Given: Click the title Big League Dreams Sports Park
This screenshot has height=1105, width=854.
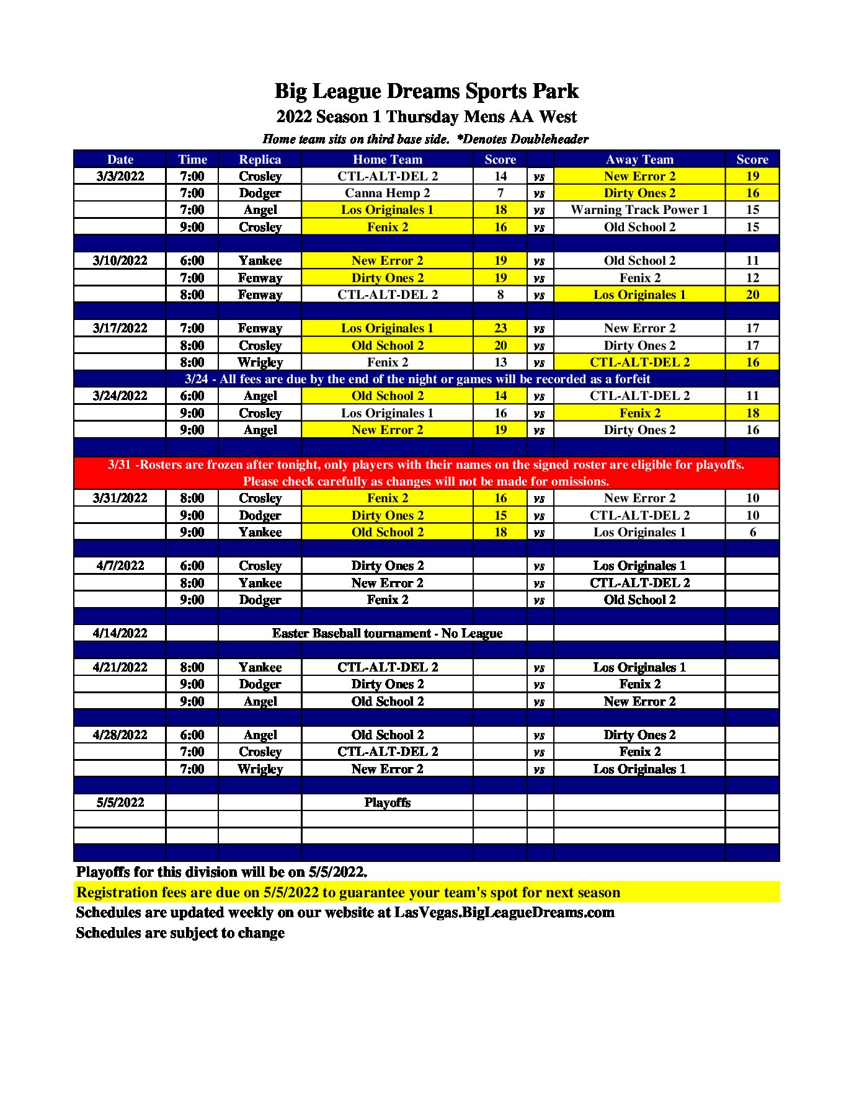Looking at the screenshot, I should [x=426, y=91].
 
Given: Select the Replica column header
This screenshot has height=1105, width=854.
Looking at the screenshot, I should [x=260, y=159].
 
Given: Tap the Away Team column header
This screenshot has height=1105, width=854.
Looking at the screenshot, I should [x=639, y=159].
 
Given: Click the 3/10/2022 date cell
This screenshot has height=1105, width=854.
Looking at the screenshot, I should [x=120, y=260].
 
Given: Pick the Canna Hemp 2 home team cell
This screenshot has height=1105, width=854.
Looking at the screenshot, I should [x=387, y=193].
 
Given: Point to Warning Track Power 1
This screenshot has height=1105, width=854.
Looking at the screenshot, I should [x=639, y=210].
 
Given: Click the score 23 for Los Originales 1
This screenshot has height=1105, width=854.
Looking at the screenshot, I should [x=500, y=328].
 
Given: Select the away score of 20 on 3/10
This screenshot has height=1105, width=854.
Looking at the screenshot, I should [x=752, y=295].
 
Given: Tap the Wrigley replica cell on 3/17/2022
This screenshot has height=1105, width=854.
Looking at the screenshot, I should [x=260, y=362].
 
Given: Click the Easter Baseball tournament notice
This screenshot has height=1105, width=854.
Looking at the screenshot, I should [x=387, y=633].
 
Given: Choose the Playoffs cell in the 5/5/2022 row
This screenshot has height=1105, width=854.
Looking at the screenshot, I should [x=387, y=802].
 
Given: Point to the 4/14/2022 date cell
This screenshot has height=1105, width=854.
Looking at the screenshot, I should [x=120, y=633].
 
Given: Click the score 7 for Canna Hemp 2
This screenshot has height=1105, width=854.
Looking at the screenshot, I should [x=500, y=193].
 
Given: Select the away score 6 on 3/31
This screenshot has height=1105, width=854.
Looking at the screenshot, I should [x=752, y=532].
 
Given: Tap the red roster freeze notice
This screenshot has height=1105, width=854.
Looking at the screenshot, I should [x=426, y=473].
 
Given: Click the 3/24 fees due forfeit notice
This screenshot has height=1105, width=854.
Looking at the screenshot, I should [x=417, y=379].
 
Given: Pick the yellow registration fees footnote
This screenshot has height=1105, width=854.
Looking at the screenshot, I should [x=348, y=892].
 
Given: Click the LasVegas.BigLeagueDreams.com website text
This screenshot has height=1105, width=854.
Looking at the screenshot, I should [x=504, y=913].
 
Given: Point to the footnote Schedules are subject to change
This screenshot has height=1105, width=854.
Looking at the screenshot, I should [x=180, y=933].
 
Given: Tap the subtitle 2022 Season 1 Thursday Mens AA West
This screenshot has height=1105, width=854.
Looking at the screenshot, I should [x=426, y=117].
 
